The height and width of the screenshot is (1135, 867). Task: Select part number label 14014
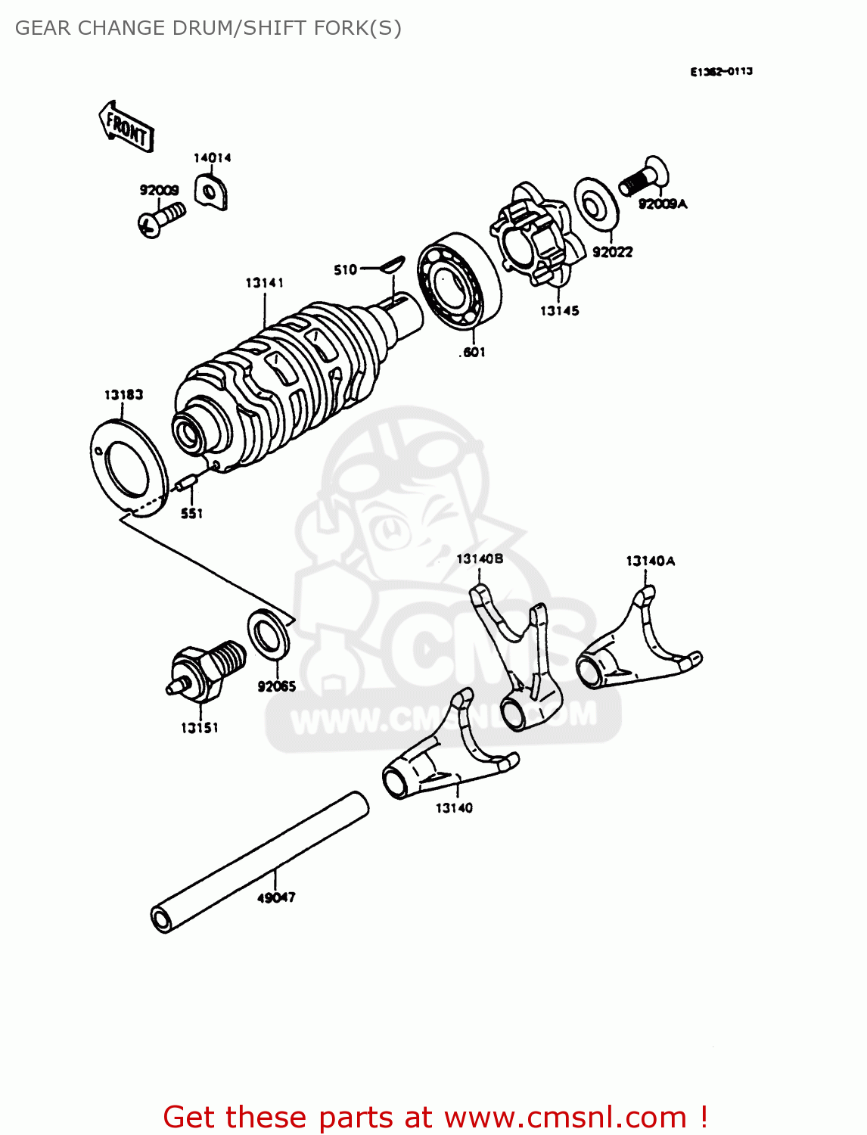(x=212, y=157)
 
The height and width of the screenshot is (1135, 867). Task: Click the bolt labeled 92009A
(x=643, y=179)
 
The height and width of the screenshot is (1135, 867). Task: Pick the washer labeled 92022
(x=596, y=203)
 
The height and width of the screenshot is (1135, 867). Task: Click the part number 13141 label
(x=264, y=282)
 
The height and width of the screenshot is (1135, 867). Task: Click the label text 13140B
(x=480, y=558)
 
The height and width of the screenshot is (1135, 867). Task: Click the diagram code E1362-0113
(x=720, y=71)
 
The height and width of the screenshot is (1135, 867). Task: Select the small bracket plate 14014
(x=211, y=191)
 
